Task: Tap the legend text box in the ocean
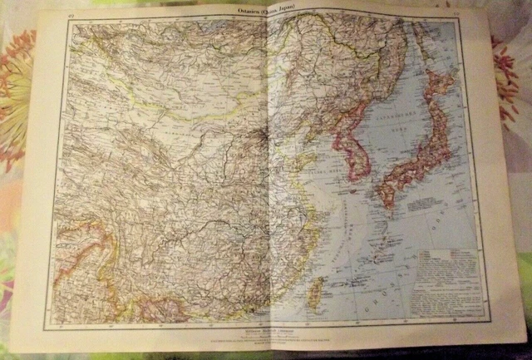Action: (x=446, y=275)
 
